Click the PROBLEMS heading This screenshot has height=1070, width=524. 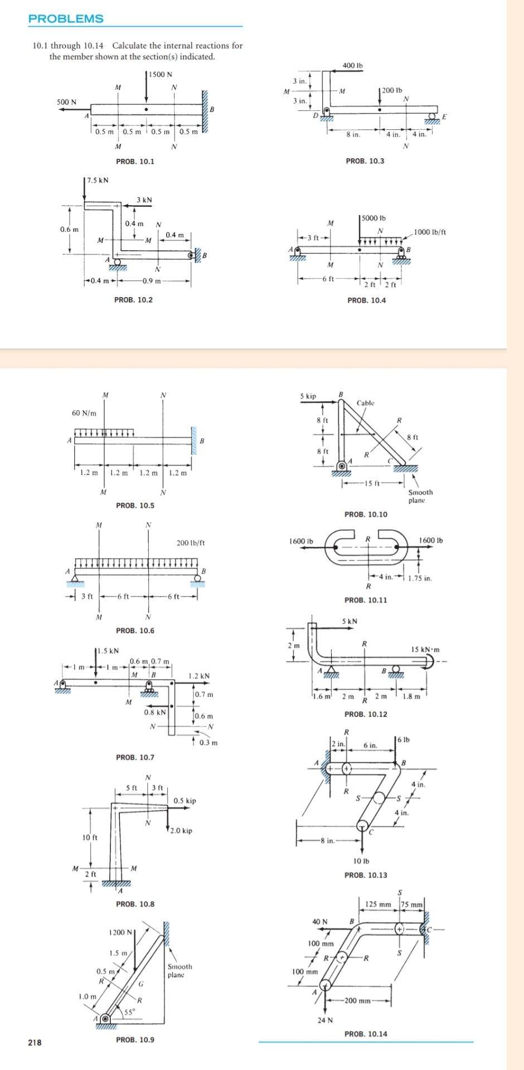(66, 18)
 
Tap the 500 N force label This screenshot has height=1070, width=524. (67, 102)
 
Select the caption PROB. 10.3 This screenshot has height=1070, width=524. (365, 161)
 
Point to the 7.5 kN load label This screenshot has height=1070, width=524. (98, 180)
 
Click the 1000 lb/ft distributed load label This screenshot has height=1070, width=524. (430, 232)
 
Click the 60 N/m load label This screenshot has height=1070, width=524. (84, 413)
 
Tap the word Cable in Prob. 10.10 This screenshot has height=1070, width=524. (366, 403)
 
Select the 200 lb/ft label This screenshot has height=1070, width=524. (191, 542)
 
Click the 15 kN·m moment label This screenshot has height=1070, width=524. (425, 650)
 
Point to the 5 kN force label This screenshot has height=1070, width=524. (350, 621)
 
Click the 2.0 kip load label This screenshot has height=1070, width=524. (181, 830)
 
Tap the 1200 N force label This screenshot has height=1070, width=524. (121, 932)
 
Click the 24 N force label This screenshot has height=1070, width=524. (325, 1020)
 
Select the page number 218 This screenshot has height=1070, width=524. (35, 1043)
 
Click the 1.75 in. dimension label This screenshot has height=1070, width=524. (420, 578)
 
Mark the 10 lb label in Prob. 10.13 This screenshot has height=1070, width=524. (362, 861)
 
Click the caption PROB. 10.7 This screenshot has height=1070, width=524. (135, 757)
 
